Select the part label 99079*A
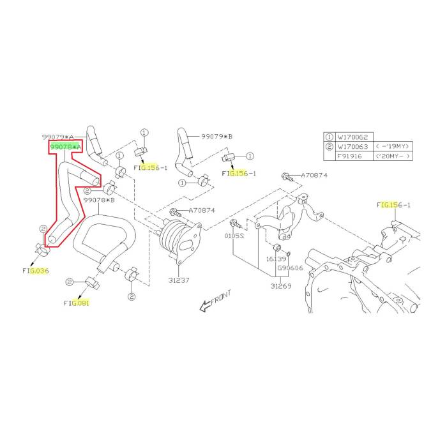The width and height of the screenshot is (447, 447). pos(58,137)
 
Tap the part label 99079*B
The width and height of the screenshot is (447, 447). pos(216,137)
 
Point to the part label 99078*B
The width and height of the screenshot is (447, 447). pos(98,200)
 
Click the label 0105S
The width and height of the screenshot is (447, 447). pos(234,236)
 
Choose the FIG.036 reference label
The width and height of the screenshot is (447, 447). pos(36,271)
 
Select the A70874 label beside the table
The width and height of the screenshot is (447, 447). pos(314,175)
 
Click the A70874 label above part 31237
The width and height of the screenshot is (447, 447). pos(201,210)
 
